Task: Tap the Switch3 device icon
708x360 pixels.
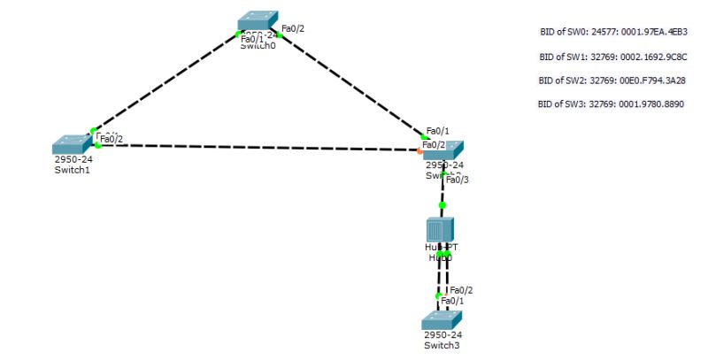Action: (x=442, y=320)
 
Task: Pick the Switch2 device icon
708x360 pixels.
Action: (x=443, y=150)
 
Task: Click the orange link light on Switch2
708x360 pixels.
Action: (x=420, y=150)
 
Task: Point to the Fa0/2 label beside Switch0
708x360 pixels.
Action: (x=293, y=29)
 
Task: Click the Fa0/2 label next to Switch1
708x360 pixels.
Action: (x=112, y=139)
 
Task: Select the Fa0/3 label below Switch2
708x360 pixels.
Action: (x=458, y=180)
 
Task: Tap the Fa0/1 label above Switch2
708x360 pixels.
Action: (x=437, y=132)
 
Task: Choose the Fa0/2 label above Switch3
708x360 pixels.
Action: (x=461, y=290)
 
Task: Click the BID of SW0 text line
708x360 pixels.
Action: (x=613, y=32)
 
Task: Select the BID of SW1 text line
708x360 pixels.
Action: (x=613, y=57)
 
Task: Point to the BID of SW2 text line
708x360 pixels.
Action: (x=612, y=80)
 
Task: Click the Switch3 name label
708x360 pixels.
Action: (x=442, y=346)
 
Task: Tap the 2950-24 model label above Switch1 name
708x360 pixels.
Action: (x=73, y=159)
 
